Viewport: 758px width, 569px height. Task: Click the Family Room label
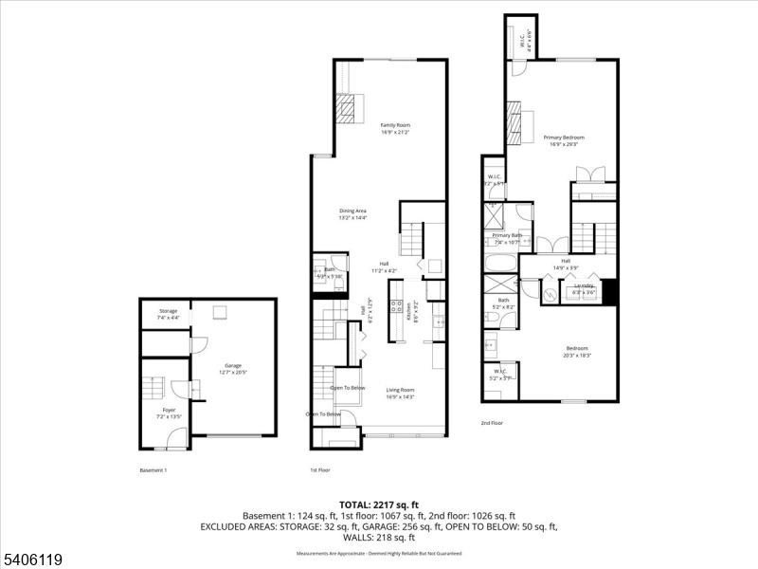point(395,125)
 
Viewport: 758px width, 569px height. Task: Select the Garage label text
point(233,365)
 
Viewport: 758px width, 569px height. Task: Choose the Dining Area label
point(353,211)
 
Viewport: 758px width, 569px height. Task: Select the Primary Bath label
point(507,235)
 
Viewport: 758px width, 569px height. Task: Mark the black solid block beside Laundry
point(609,292)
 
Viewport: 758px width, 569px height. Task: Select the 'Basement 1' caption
point(153,470)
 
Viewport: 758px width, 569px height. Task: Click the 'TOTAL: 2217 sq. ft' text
point(379,505)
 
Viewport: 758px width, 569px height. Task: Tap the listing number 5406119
point(32,560)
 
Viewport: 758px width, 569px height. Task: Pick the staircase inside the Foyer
point(153,389)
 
